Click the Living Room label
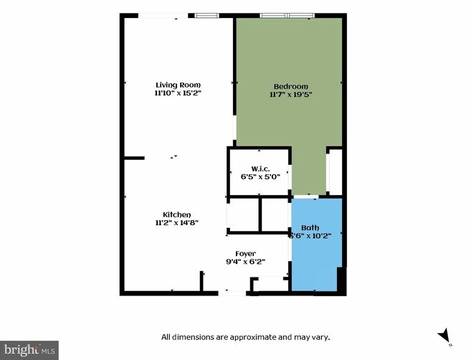tap(178, 85)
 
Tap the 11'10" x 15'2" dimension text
tap(178, 93)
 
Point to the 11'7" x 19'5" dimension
tap(290, 94)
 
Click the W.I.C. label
tap(260, 169)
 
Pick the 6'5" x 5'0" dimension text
tap(260, 177)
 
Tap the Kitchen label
tap(176, 214)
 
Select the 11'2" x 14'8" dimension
tap(176, 223)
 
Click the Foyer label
tap(246, 253)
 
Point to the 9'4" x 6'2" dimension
tap(246, 262)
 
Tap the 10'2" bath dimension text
tap(326, 235)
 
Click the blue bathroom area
tap(315, 265)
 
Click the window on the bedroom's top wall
tap(286, 15)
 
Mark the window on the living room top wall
tap(206, 15)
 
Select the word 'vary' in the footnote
tap(320, 336)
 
